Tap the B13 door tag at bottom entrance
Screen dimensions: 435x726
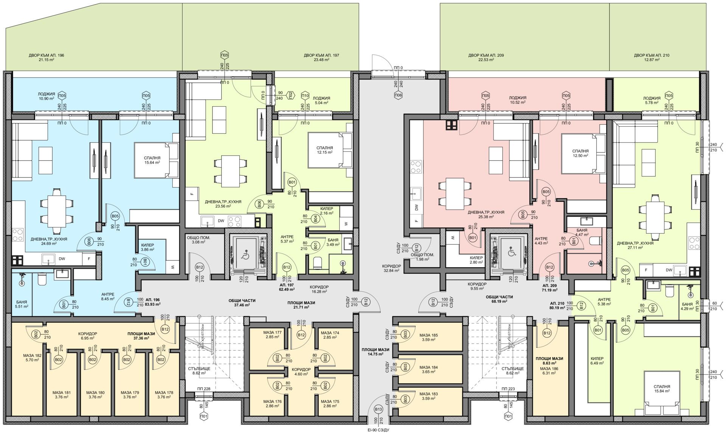[x=377, y=409]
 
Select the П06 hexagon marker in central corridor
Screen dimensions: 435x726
[x=398, y=96]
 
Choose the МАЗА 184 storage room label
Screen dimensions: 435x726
[x=428, y=367]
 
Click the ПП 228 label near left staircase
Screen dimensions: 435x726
[x=203, y=389]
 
